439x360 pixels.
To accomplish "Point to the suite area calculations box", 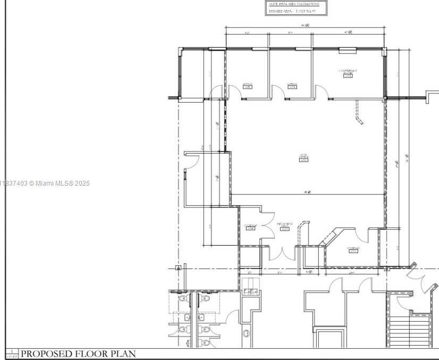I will click(296, 7).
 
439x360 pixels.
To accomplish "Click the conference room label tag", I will click(348, 76).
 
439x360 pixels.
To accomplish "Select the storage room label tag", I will click(353, 251).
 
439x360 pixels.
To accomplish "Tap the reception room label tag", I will click(284, 229).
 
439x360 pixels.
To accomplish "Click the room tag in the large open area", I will click(304, 160).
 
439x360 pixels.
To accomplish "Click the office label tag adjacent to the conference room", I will click(292, 87).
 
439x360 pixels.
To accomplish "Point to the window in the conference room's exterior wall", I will click(348, 51).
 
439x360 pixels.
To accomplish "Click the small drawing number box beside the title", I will click(12, 354).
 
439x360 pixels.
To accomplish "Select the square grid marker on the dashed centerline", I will click(179, 268).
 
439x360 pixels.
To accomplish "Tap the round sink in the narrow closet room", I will click(247, 333).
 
